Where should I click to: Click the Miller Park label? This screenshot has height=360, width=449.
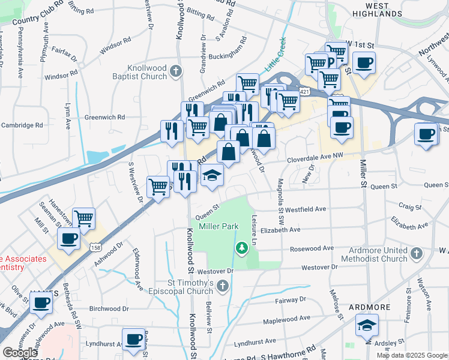pyautogui.click(x=215, y=226)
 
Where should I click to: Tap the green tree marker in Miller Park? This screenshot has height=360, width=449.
pyautogui.click(x=241, y=247)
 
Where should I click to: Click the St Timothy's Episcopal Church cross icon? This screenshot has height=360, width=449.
pyautogui.click(x=223, y=285)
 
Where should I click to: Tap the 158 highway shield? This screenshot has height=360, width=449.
pyautogui.click(x=95, y=247)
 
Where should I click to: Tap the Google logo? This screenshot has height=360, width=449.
pyautogui.click(x=20, y=352)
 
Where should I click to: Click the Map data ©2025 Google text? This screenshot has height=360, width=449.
pyautogui.click(x=411, y=355)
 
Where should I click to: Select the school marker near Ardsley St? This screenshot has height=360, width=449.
pyautogui.click(x=367, y=326)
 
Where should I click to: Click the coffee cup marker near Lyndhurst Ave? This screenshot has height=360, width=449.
pyautogui.click(x=133, y=338)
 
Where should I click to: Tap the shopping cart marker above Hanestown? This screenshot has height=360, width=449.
pyautogui.click(x=84, y=218)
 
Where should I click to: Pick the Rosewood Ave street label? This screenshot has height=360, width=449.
pyautogui.click(x=312, y=248)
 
